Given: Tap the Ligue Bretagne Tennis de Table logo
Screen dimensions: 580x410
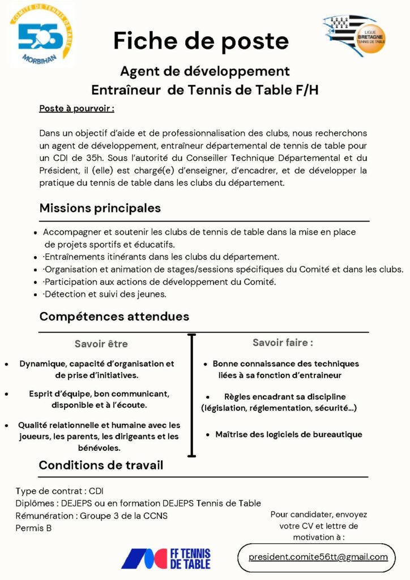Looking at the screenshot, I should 355,35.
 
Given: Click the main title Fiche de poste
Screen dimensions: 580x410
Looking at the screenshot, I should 201,41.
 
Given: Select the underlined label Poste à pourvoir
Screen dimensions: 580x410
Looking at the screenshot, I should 76,108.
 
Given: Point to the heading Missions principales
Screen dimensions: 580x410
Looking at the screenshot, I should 100,208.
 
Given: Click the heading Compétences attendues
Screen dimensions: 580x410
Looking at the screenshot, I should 114,317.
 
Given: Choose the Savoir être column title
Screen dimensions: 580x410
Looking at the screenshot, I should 101,344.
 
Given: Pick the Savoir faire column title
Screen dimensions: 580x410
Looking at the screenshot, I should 283,343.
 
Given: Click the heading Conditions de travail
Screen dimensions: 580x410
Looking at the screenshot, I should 101,466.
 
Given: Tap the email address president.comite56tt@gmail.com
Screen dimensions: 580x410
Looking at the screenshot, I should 318,557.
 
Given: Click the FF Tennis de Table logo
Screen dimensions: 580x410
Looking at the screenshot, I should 165,558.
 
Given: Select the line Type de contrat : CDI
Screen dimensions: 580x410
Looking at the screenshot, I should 59,491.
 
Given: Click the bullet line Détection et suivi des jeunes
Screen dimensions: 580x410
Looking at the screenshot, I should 105,294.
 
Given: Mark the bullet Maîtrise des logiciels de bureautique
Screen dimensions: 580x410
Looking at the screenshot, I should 288,434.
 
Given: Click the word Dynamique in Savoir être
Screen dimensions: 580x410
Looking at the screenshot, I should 41,364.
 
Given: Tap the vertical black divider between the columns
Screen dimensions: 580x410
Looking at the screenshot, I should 191,395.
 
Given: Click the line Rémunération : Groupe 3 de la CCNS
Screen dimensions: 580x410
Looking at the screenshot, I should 91,515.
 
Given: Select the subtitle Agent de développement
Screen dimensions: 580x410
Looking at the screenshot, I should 204,71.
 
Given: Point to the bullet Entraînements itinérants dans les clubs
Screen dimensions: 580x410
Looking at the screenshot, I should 162,257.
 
